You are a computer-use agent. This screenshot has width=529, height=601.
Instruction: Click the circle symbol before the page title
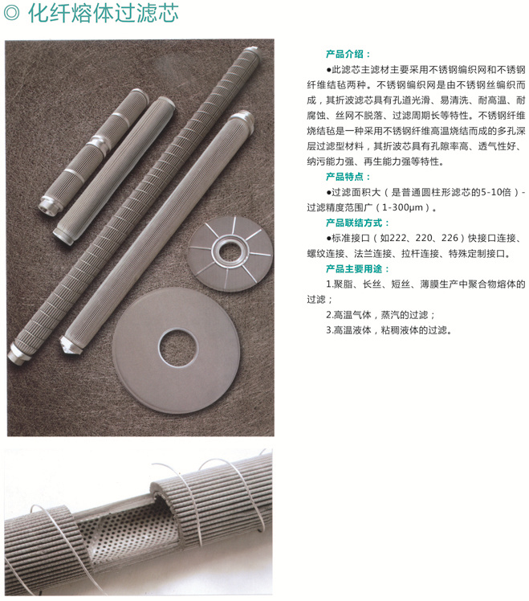point(11,13)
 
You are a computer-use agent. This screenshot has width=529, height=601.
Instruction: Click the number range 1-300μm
point(403,208)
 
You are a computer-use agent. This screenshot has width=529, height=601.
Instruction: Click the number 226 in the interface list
point(450,238)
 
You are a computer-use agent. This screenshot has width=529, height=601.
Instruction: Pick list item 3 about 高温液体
point(389,330)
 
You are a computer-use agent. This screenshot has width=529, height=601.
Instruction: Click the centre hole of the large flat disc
point(178,347)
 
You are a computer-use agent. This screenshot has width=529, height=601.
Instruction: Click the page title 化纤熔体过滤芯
point(103,13)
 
